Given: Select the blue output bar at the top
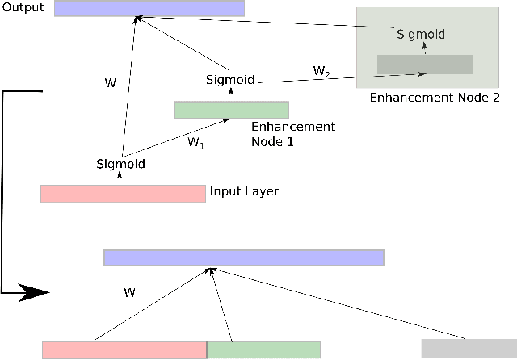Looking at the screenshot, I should point(149,8).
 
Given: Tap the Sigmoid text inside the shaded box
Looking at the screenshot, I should point(420,36).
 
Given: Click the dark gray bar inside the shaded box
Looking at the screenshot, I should point(425,65).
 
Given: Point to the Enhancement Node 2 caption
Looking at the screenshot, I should point(435,98).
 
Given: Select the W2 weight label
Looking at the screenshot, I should point(322,71).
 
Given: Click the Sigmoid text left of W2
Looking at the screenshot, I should point(230,80).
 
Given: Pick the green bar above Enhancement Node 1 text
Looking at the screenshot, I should point(232,110).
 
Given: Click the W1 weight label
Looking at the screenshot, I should point(195,143).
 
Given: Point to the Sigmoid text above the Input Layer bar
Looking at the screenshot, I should point(120,164).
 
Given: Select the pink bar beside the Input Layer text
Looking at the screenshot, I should point(123,194).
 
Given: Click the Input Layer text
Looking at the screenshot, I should point(244,192).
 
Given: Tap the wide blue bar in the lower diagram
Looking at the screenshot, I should point(243,257).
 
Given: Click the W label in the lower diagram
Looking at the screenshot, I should point(129,293).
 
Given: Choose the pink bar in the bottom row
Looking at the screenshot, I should point(124,350).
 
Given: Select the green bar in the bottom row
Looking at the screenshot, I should point(264,350).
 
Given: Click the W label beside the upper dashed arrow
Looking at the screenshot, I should point(111,82).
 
